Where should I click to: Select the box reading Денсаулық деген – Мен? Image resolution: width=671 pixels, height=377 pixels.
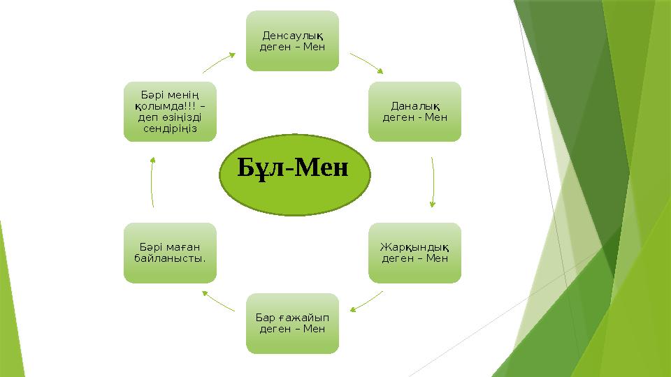(292, 40)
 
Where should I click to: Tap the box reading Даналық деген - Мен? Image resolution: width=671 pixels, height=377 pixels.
(415, 111)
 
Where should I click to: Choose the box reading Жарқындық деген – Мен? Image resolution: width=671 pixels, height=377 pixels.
(415, 252)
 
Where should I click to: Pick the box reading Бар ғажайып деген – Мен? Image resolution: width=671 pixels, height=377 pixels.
(292, 323)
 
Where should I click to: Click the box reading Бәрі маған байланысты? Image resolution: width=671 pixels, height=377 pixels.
(170, 252)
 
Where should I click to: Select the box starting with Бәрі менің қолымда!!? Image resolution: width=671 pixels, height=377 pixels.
(170, 111)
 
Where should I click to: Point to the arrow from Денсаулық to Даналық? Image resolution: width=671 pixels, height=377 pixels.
(367, 61)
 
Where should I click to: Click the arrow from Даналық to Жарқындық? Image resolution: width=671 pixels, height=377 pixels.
(433, 182)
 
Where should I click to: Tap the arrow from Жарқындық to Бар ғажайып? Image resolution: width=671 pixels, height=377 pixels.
(366, 301)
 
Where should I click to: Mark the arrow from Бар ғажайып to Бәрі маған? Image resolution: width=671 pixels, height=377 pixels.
(218, 301)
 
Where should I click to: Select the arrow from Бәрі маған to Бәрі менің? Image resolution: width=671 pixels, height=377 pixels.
(152, 182)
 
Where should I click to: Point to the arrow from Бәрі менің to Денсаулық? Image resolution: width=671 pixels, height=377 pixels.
(219, 61)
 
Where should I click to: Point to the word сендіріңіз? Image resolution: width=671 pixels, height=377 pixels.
(170, 128)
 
